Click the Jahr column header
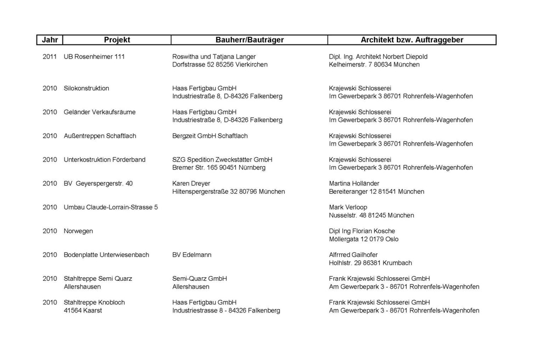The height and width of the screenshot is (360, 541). point(50,40)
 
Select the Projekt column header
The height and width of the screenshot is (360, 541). point(117,40)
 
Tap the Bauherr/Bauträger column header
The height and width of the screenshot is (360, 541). point(249,40)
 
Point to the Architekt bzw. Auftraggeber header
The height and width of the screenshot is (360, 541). point(412,40)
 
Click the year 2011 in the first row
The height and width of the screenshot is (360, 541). point(50,56)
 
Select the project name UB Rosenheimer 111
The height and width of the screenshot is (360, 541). point(94,56)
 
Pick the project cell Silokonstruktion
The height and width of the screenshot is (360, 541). point(86,88)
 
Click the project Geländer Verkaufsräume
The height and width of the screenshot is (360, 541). point(99,112)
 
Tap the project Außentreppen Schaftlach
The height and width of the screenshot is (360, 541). point(100,136)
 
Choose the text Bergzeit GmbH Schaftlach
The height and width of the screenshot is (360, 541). point(210,136)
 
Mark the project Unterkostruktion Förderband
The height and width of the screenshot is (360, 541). point(105,159)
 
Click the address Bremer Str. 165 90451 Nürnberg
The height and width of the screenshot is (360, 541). point(219,168)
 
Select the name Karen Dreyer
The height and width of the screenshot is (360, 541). point(191,183)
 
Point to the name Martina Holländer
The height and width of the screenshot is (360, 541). point(354,183)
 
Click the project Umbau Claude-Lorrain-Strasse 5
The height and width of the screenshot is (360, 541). point(110,207)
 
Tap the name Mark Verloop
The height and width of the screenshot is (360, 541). point(348,207)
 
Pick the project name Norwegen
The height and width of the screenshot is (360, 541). point(78,231)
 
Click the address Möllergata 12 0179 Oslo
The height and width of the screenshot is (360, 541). point(363,239)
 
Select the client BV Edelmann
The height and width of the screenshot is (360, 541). point(192,254)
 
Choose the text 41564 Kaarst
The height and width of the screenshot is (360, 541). point(83,310)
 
